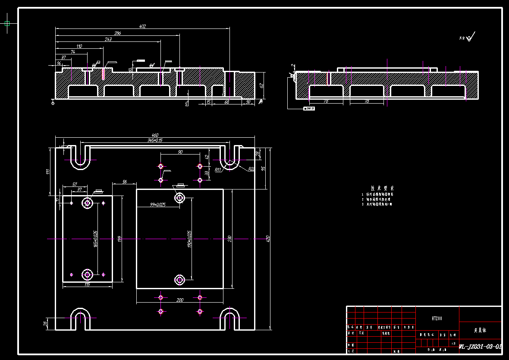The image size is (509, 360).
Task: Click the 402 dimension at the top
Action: (142, 26)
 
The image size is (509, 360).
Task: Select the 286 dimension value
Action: (117, 33)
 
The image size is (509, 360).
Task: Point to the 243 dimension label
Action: (108, 39)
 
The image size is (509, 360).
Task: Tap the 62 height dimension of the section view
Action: (261, 85)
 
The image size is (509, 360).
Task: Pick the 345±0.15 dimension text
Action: (155, 141)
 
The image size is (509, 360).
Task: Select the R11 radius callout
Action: (218, 170)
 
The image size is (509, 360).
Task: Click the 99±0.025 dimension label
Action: (158, 205)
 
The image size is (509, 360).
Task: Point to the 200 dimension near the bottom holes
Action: (180, 300)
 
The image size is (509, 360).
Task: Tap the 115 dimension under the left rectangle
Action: (87, 284)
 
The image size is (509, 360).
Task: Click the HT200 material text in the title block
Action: (437, 319)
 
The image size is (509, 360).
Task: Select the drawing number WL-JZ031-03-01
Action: (480, 346)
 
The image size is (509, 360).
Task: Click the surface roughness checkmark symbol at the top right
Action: (471, 37)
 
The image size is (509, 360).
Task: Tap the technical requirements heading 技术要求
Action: (382, 188)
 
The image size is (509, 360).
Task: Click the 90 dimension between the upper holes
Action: (180, 152)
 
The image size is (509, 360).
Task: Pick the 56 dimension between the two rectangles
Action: (124, 182)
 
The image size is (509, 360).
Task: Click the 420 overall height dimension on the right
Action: (268, 238)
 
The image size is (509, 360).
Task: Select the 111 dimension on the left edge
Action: (48, 171)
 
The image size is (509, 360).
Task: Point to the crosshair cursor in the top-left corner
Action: (7, 23)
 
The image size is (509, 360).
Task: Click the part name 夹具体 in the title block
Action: (480, 331)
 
